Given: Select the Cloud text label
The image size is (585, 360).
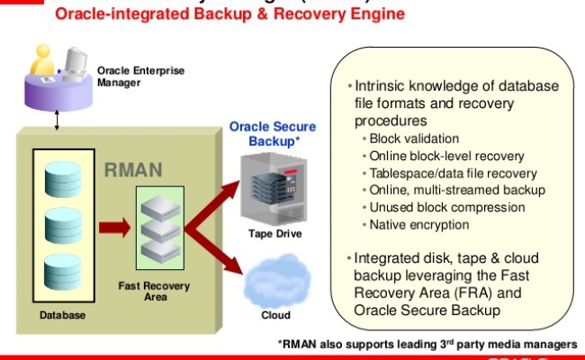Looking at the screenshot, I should click(275, 315).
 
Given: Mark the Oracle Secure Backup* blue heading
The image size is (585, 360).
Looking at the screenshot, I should click(265, 134).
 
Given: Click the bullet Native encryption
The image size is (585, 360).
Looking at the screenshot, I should click(419, 224).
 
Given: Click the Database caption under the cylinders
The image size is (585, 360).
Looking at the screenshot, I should click(63, 315).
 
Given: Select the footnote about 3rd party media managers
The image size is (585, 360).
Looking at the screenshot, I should click(426, 344).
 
